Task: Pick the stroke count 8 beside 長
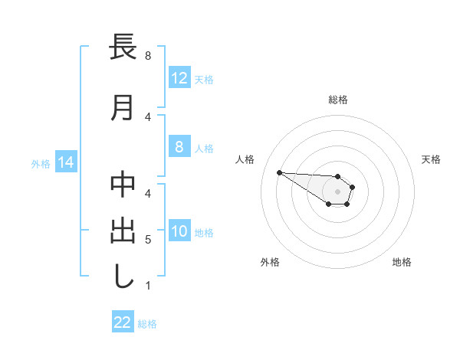pos(148,55)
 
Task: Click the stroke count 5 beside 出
pos(148,240)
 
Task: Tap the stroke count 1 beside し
pos(148,286)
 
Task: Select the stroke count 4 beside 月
pos(148,116)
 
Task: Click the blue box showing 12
pos(179,77)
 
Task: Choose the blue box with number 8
pos(179,147)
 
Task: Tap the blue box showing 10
pos(179,231)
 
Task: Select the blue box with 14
pos(65,162)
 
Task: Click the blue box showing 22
pos(122,322)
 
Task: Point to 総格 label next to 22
pos(147,324)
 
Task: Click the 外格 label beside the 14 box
pos(41,163)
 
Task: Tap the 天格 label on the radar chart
pos(432,159)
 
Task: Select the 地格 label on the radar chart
pos(402,262)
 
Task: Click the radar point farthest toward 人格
pos(279,172)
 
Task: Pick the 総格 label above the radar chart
pos(337,100)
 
